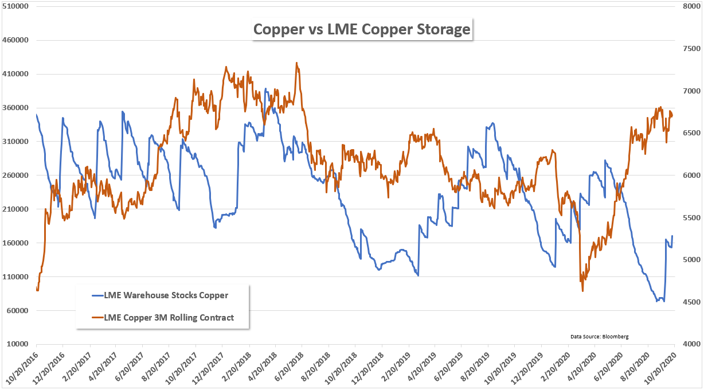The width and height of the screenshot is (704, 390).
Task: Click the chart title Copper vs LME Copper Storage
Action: coord(362,29)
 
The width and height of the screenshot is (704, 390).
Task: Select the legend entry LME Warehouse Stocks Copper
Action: coord(166,295)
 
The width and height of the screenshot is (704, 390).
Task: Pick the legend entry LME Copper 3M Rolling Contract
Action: coord(169,317)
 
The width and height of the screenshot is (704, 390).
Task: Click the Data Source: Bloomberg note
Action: coord(599,336)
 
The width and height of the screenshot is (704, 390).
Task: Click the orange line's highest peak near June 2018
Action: coord(296,63)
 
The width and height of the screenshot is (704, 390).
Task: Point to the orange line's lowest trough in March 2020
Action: coord(583,291)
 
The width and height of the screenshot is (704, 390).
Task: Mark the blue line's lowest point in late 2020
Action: coord(656,302)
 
